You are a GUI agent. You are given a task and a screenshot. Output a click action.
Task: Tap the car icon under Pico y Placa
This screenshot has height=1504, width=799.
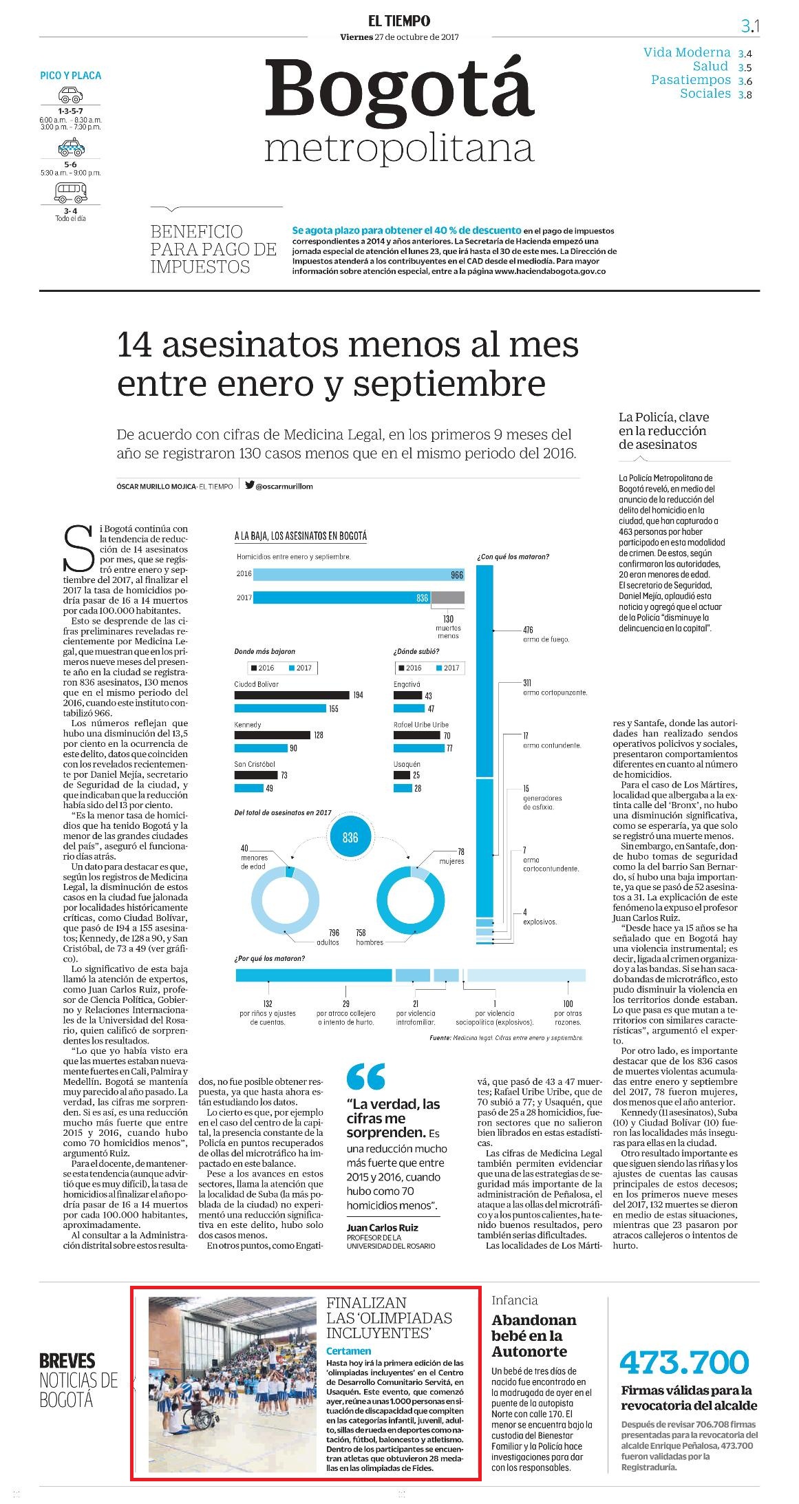[x=70, y=95]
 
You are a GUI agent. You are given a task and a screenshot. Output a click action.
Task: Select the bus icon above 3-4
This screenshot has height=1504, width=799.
[x=70, y=193]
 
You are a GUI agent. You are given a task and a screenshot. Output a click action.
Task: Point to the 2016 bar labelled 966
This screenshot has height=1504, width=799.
[x=359, y=574]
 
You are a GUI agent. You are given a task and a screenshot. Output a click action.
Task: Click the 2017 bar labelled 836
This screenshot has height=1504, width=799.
[x=341, y=597]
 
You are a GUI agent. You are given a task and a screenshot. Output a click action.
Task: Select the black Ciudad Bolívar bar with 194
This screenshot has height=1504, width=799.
[x=292, y=695]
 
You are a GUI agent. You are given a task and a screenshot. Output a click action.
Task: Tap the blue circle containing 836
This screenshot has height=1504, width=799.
[x=350, y=837]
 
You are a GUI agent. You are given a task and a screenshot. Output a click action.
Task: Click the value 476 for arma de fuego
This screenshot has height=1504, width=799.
[x=528, y=630]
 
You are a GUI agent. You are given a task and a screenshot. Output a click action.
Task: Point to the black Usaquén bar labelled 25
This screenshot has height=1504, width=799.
[x=402, y=775]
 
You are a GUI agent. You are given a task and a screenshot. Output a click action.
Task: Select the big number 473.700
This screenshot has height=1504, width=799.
[x=683, y=1362]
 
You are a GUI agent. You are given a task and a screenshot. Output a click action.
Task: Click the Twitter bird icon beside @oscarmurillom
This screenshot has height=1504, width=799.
[x=249, y=485]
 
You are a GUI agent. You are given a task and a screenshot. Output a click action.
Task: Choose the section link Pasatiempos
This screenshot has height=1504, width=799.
[x=691, y=80]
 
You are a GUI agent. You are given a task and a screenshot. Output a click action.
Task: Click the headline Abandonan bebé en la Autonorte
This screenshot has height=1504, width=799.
[x=534, y=1335]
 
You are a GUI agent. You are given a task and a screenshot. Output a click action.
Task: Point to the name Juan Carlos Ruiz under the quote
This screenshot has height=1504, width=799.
[x=382, y=1227]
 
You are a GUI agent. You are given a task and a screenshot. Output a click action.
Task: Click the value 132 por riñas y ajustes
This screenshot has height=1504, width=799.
[x=268, y=1004]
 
